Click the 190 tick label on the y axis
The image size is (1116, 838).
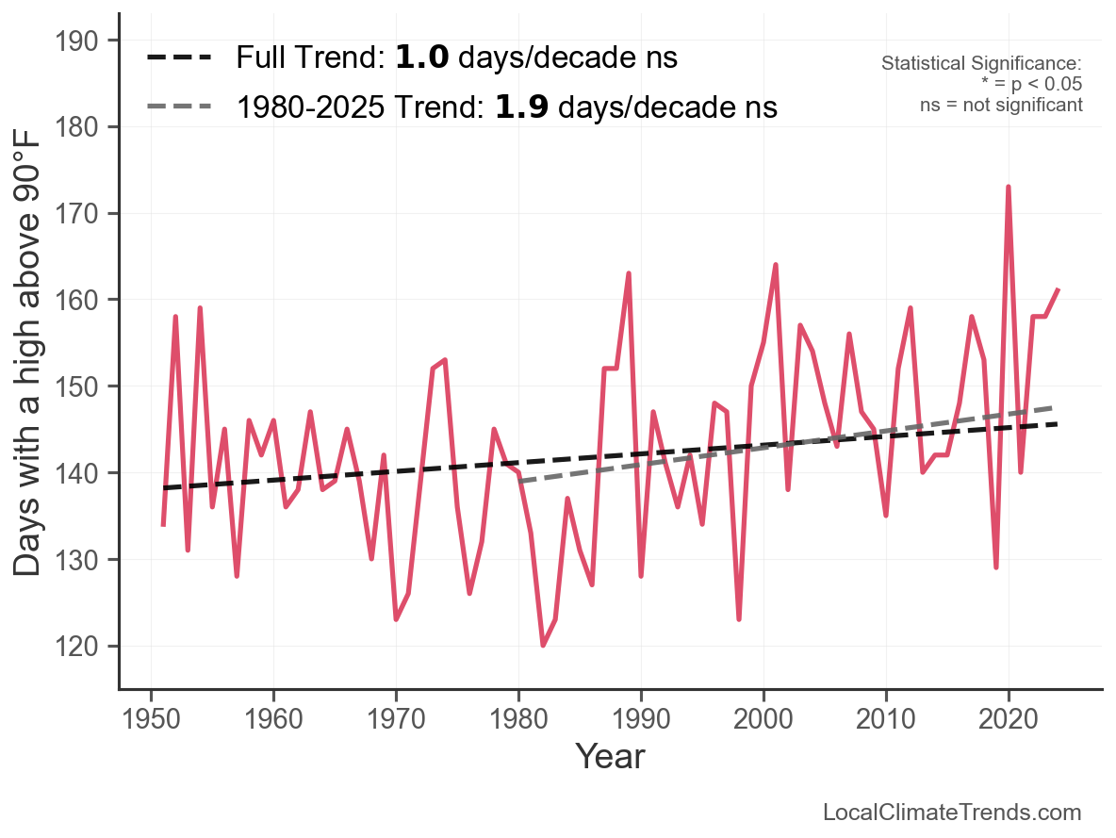[76, 41]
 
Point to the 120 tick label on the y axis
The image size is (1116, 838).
[76, 647]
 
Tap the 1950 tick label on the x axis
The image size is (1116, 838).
[151, 719]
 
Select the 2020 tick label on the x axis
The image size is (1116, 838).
[1009, 719]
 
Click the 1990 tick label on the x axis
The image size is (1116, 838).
[641, 719]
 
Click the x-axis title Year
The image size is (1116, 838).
[611, 756]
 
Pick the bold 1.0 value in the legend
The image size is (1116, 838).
[422, 58]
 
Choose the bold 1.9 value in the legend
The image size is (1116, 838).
[521, 107]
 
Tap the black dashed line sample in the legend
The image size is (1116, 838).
[179, 58]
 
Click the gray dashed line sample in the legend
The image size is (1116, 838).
[179, 107]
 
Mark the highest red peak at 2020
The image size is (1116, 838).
[1009, 188]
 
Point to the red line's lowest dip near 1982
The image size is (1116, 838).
[543, 645]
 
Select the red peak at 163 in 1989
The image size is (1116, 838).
[629, 274]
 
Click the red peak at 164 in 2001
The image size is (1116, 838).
[776, 266]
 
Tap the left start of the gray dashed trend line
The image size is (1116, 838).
[519, 482]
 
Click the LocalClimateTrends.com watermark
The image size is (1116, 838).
[952, 813]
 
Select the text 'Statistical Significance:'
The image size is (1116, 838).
[981, 63]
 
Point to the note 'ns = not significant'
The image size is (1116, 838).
[1001, 106]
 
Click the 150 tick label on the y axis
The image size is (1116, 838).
[76, 386]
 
